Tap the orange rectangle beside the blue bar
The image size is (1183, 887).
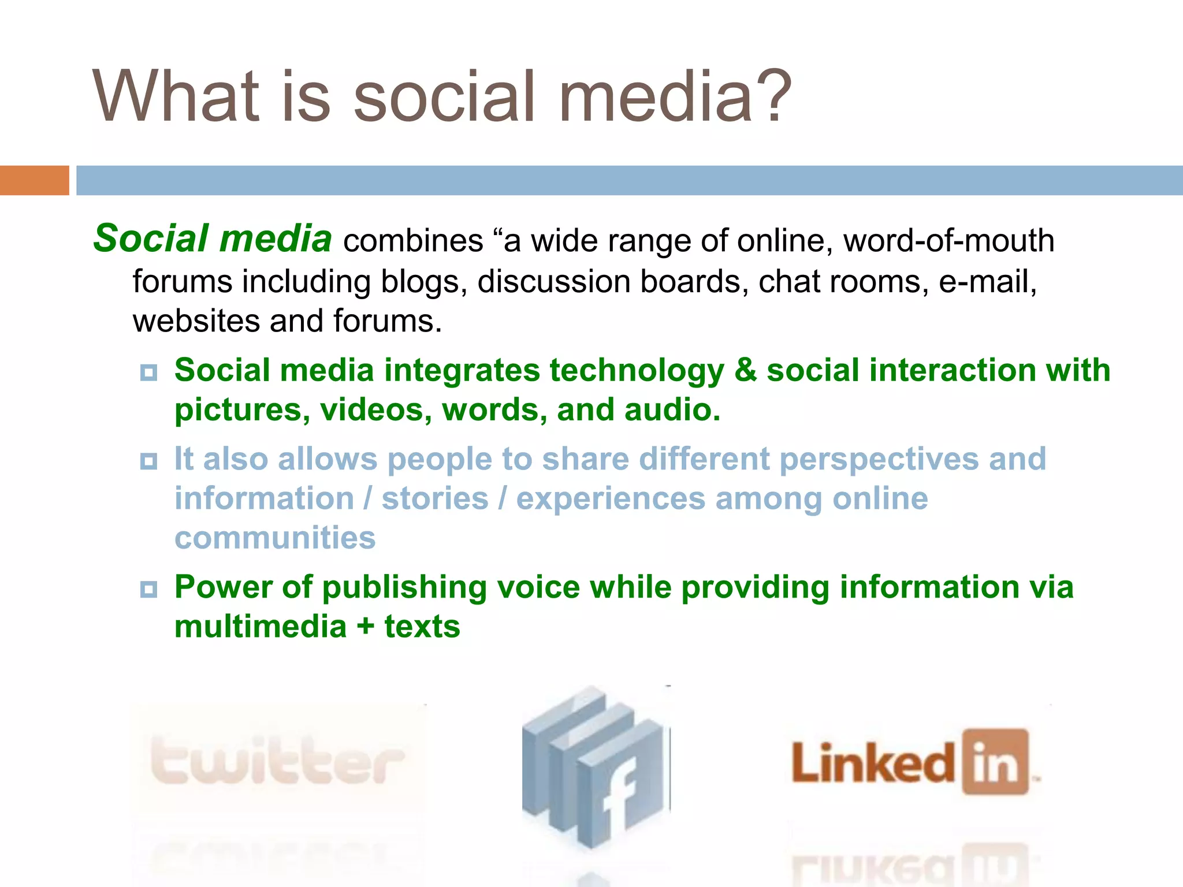pyautogui.click(x=34, y=180)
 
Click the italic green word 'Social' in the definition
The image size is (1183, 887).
pyautogui.click(x=151, y=238)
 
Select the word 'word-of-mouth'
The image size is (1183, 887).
pyautogui.click(x=948, y=240)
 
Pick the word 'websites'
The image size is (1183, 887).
pyautogui.click(x=196, y=321)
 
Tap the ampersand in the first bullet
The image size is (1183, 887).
pyautogui.click(x=745, y=370)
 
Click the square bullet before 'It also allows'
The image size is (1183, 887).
pyautogui.click(x=148, y=461)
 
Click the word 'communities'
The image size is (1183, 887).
pyautogui.click(x=275, y=538)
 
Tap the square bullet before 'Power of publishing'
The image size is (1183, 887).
pyautogui.click(x=148, y=589)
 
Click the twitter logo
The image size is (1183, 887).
pyautogui.click(x=277, y=761)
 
